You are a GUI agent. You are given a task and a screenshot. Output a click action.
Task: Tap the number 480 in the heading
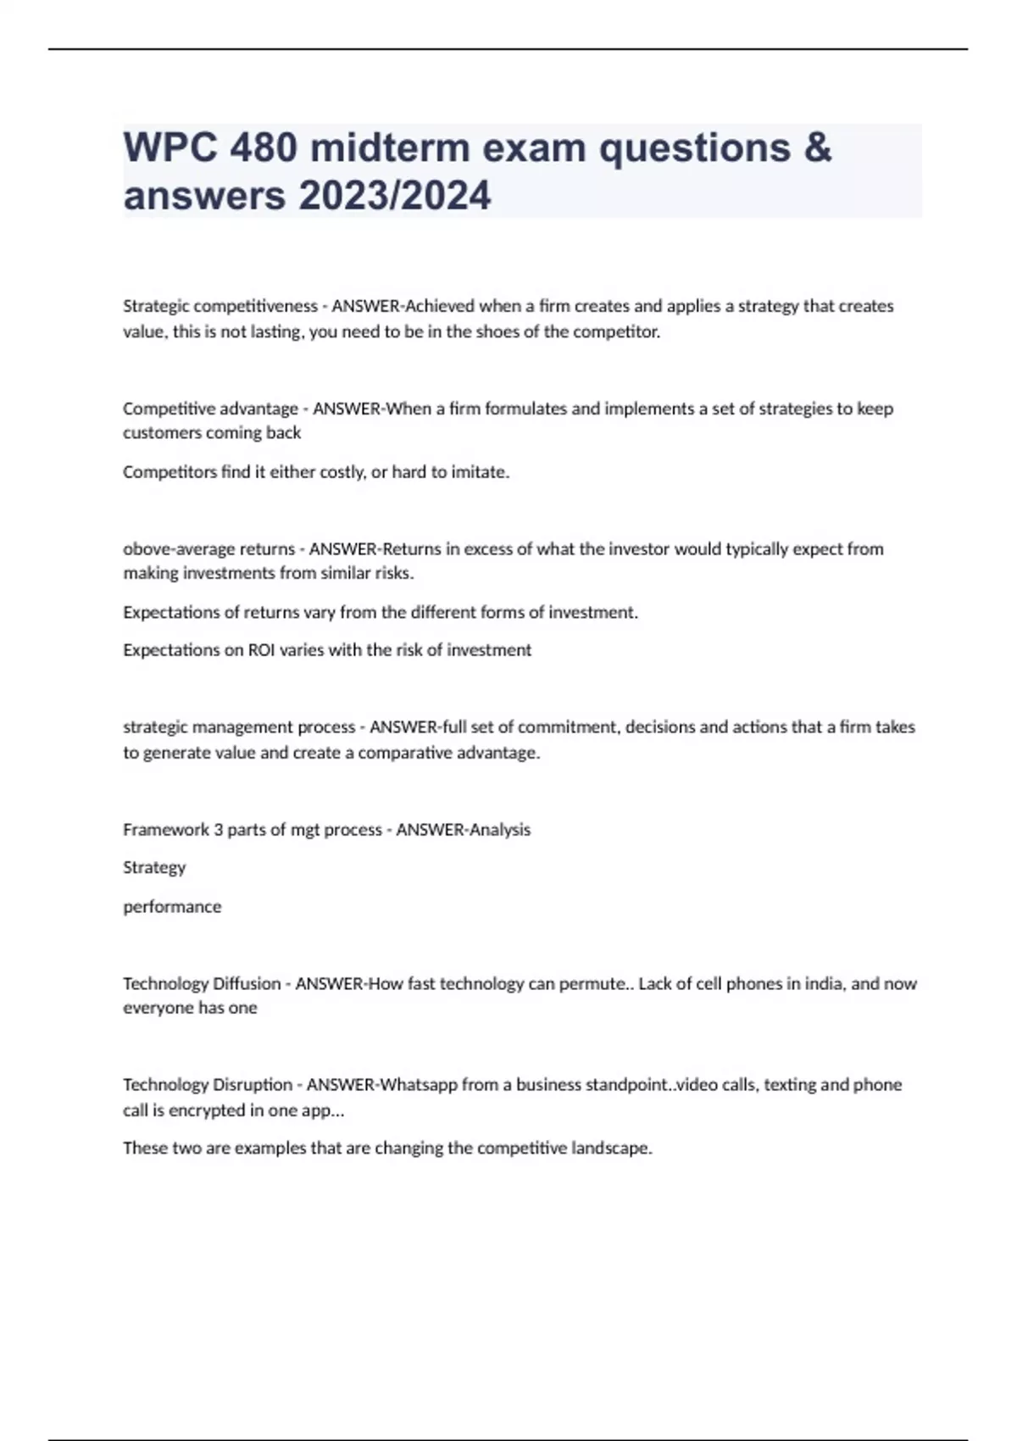264,148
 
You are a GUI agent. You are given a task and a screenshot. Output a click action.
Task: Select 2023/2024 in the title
394,196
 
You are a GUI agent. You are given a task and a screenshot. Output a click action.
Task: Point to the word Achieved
441,306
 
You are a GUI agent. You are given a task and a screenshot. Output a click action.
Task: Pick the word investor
643,549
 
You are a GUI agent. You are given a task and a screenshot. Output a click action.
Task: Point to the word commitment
566,727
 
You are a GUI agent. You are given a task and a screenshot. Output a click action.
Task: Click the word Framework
165,830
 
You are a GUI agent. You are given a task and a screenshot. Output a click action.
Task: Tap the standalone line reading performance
172,907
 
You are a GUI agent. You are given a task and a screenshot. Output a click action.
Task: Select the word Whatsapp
418,1085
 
